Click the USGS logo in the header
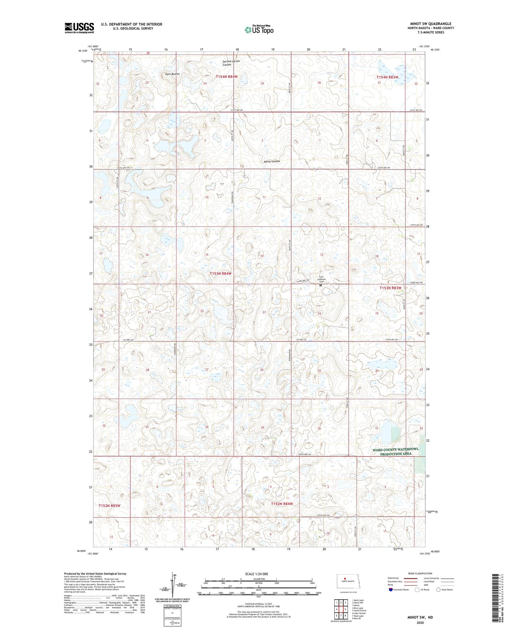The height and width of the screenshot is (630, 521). pos(79,28)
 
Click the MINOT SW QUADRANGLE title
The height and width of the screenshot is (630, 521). pos(431,24)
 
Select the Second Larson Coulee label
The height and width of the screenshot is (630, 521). pos(231,63)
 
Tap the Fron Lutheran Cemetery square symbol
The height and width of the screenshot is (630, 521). pos(321,285)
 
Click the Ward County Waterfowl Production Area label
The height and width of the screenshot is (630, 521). pos(396,451)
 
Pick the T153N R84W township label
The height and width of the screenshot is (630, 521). pos(221,274)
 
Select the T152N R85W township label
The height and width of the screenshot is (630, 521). pos(109,506)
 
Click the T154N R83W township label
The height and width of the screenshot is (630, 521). pos(388,77)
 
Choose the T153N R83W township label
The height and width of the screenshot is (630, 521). pos(390,288)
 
